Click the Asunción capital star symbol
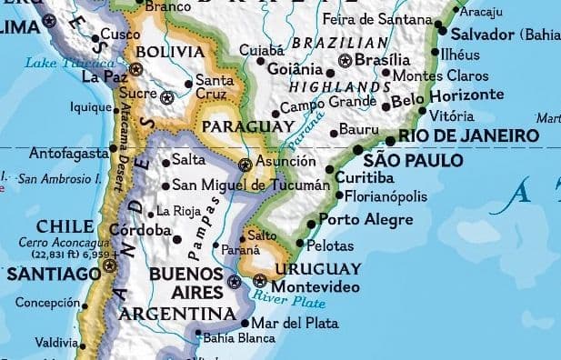point(244,165)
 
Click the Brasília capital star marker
point(345,61)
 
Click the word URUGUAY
point(317,268)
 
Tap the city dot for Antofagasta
point(113,147)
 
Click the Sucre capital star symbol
point(166,96)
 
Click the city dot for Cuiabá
point(260,62)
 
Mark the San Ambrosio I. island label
point(58,179)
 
